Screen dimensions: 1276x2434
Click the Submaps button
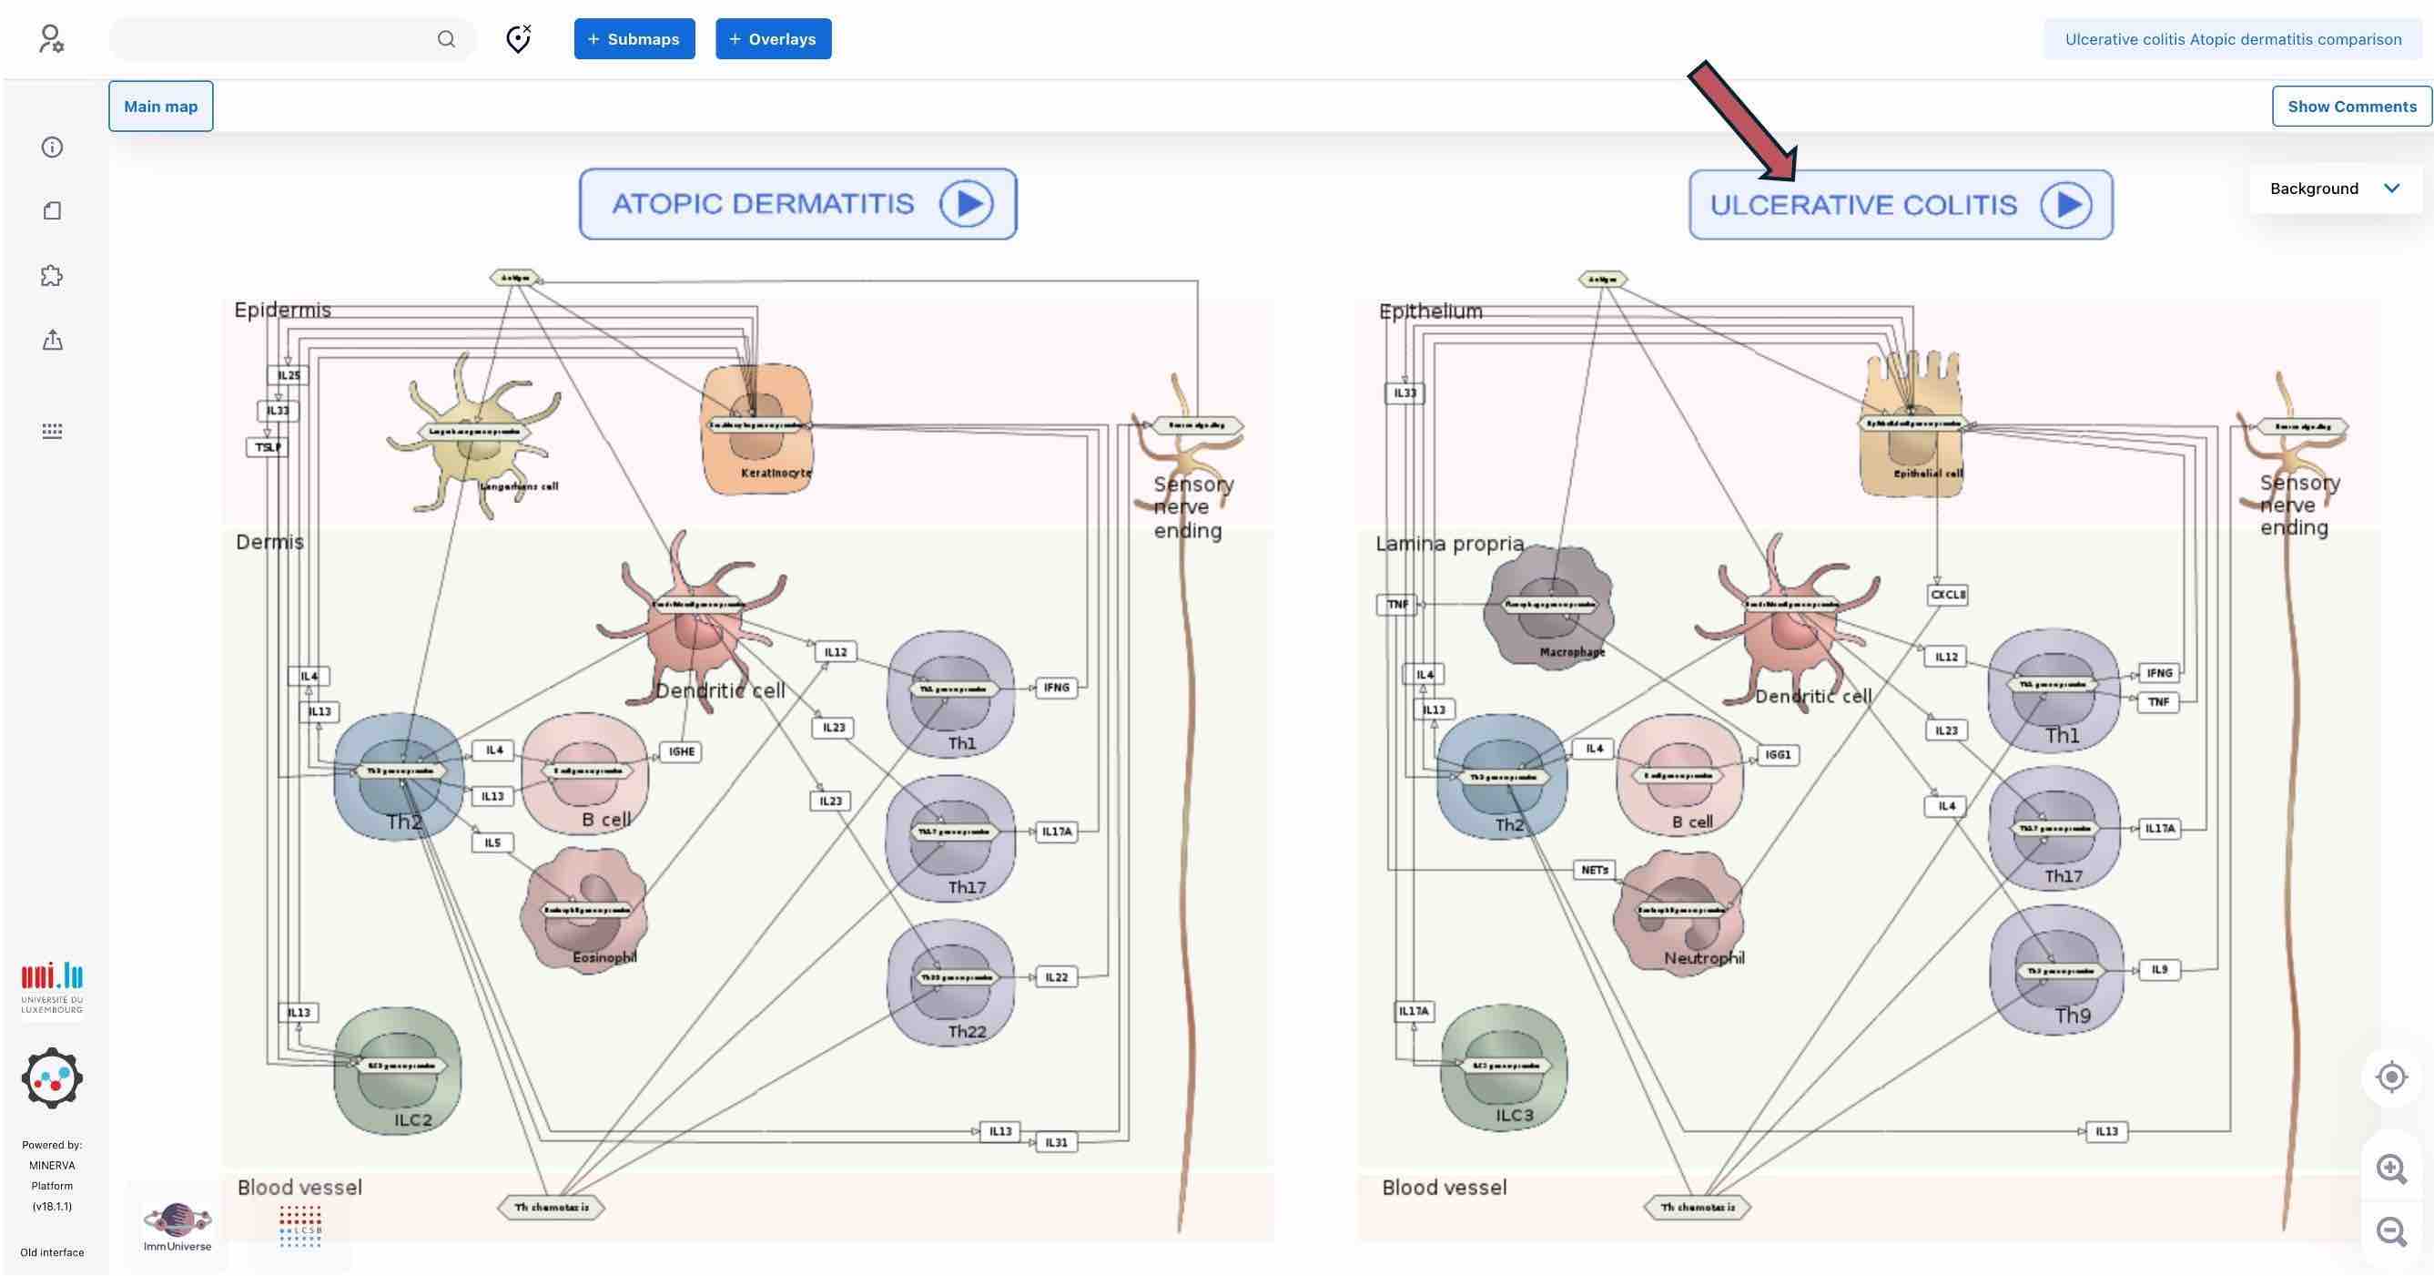(634, 39)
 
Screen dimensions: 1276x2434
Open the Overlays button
(773, 39)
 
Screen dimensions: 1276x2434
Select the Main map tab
(160, 106)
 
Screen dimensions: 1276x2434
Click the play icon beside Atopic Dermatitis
(966, 204)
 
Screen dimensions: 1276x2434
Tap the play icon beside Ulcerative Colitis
(2066, 205)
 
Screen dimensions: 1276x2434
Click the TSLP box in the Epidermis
(268, 447)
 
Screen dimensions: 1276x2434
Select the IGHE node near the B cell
(681, 751)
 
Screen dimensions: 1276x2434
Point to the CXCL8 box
(1947, 595)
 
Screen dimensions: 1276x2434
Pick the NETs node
(1595, 870)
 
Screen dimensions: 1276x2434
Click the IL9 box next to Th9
(2159, 969)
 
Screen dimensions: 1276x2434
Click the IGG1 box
(1778, 754)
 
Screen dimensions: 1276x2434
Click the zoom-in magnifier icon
(2390, 1169)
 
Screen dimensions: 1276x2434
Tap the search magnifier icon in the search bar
(446, 39)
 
